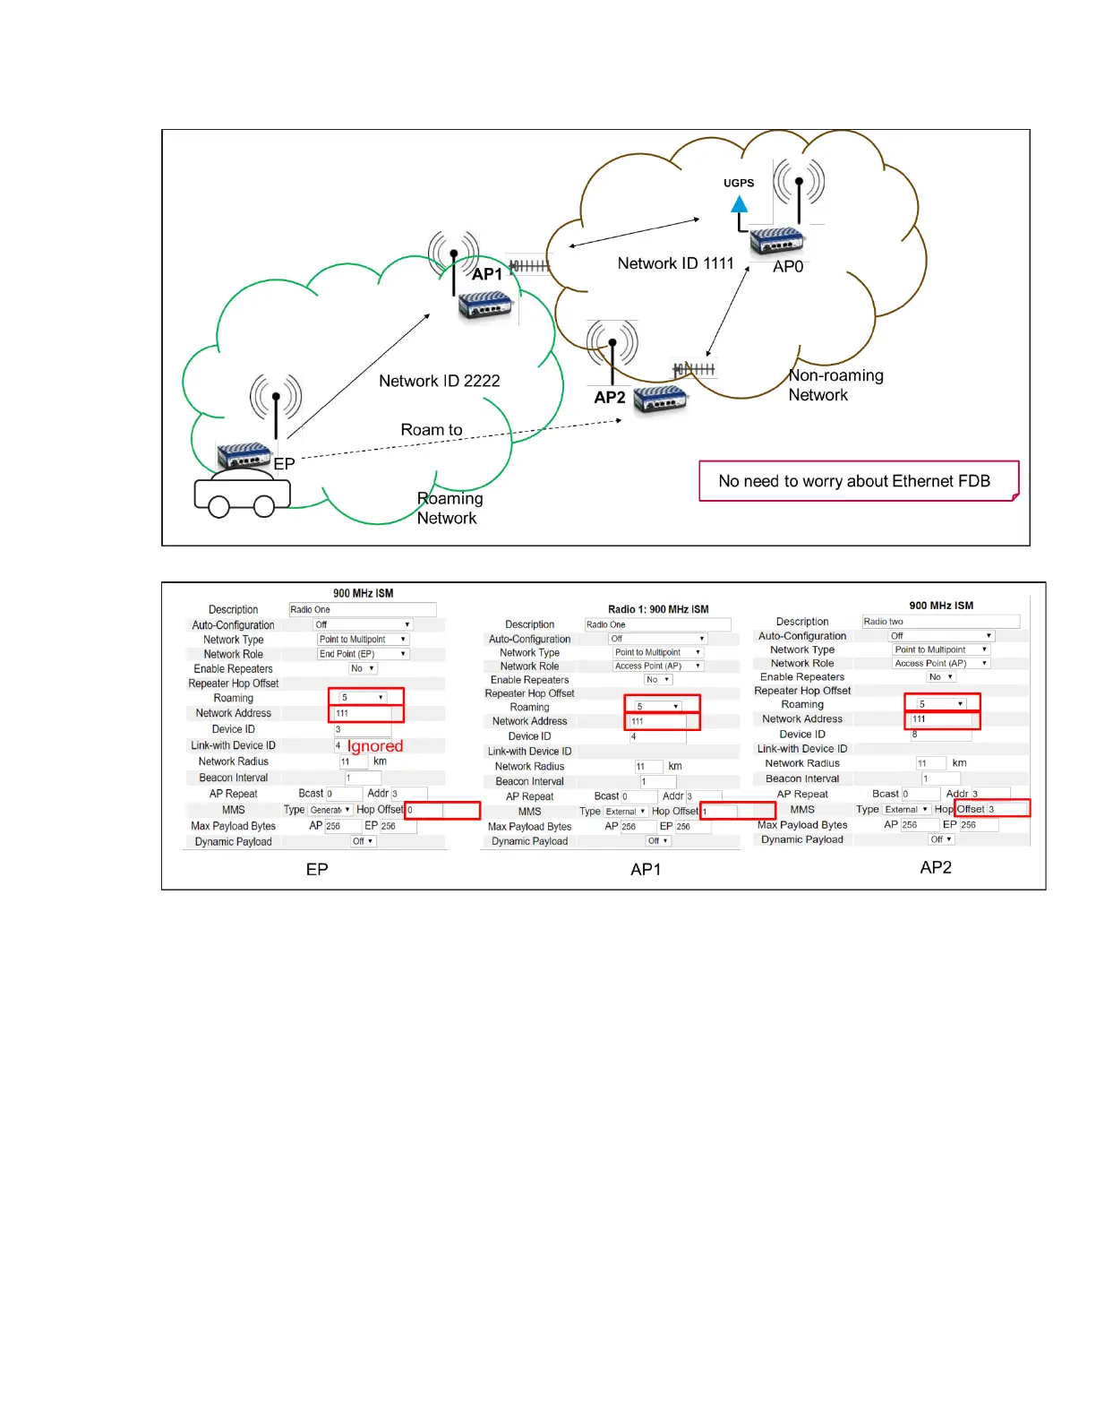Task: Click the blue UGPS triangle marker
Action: click(x=740, y=204)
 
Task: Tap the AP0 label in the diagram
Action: click(x=788, y=267)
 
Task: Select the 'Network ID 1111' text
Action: click(x=675, y=263)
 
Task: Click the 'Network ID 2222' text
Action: click(x=439, y=381)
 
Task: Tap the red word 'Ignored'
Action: click(x=375, y=746)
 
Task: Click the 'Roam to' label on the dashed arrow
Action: click(x=432, y=430)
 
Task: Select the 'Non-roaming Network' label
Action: click(x=835, y=385)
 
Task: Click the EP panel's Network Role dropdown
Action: click(x=363, y=654)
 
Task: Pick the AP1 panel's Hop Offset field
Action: click(x=737, y=812)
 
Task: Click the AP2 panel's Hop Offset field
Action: click(x=1006, y=809)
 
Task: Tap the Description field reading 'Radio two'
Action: click(x=940, y=622)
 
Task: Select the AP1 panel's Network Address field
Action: click(x=658, y=721)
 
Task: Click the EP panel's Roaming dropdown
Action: click(x=363, y=697)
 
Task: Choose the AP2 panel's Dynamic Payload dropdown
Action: click(x=940, y=839)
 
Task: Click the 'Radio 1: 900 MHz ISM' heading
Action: click(x=658, y=609)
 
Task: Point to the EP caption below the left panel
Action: click(x=317, y=869)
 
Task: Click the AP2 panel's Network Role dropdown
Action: click(x=940, y=663)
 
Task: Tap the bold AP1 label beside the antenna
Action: click(x=487, y=274)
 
